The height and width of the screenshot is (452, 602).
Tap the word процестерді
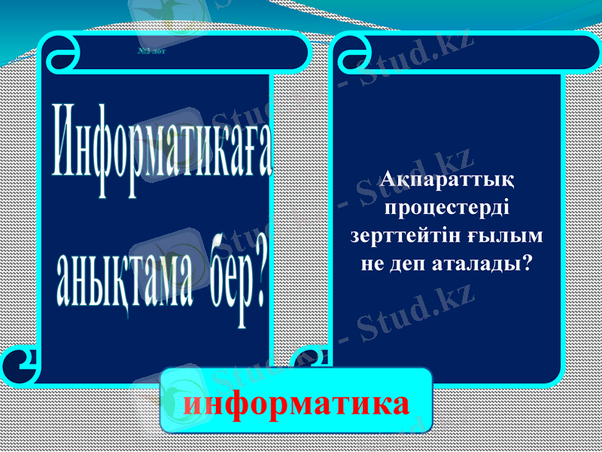448,208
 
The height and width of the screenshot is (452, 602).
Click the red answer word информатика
297,404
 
